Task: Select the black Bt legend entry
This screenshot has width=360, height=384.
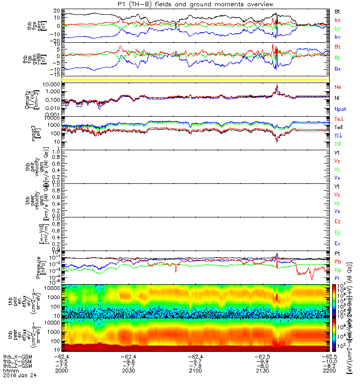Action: (x=337, y=11)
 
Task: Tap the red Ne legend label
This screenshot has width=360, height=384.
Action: (x=338, y=87)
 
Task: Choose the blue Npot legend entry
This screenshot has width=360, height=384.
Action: (x=339, y=109)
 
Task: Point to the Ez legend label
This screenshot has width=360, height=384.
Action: (x=337, y=222)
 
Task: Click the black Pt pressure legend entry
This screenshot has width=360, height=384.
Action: (x=337, y=253)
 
